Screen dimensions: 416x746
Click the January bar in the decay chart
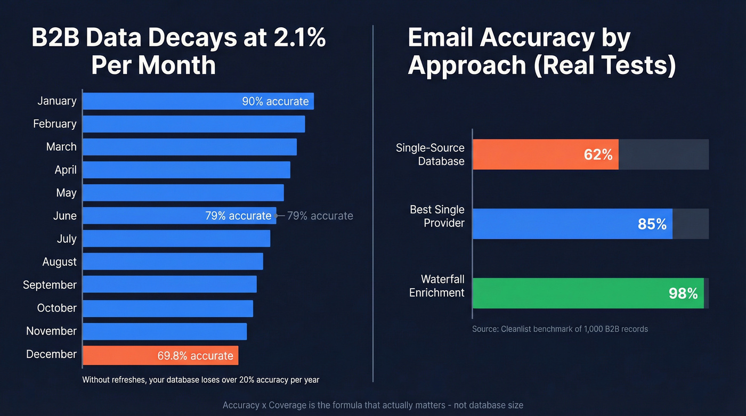(x=160, y=101)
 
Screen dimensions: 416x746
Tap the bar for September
(x=169, y=284)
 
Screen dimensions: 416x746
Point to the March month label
(x=61, y=147)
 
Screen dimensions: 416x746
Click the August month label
(x=60, y=262)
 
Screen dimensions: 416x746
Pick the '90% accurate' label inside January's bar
(x=275, y=101)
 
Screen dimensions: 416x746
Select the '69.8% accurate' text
(x=195, y=356)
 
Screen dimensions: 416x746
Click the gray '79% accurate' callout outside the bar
(x=320, y=216)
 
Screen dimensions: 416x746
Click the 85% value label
(x=652, y=224)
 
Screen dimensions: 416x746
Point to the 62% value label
(x=598, y=155)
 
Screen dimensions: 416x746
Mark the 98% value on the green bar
(x=683, y=293)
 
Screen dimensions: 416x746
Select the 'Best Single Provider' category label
(x=437, y=216)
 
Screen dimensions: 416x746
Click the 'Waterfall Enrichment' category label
(x=437, y=286)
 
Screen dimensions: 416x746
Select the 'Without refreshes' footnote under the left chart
(x=200, y=380)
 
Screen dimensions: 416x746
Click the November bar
(x=165, y=331)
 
